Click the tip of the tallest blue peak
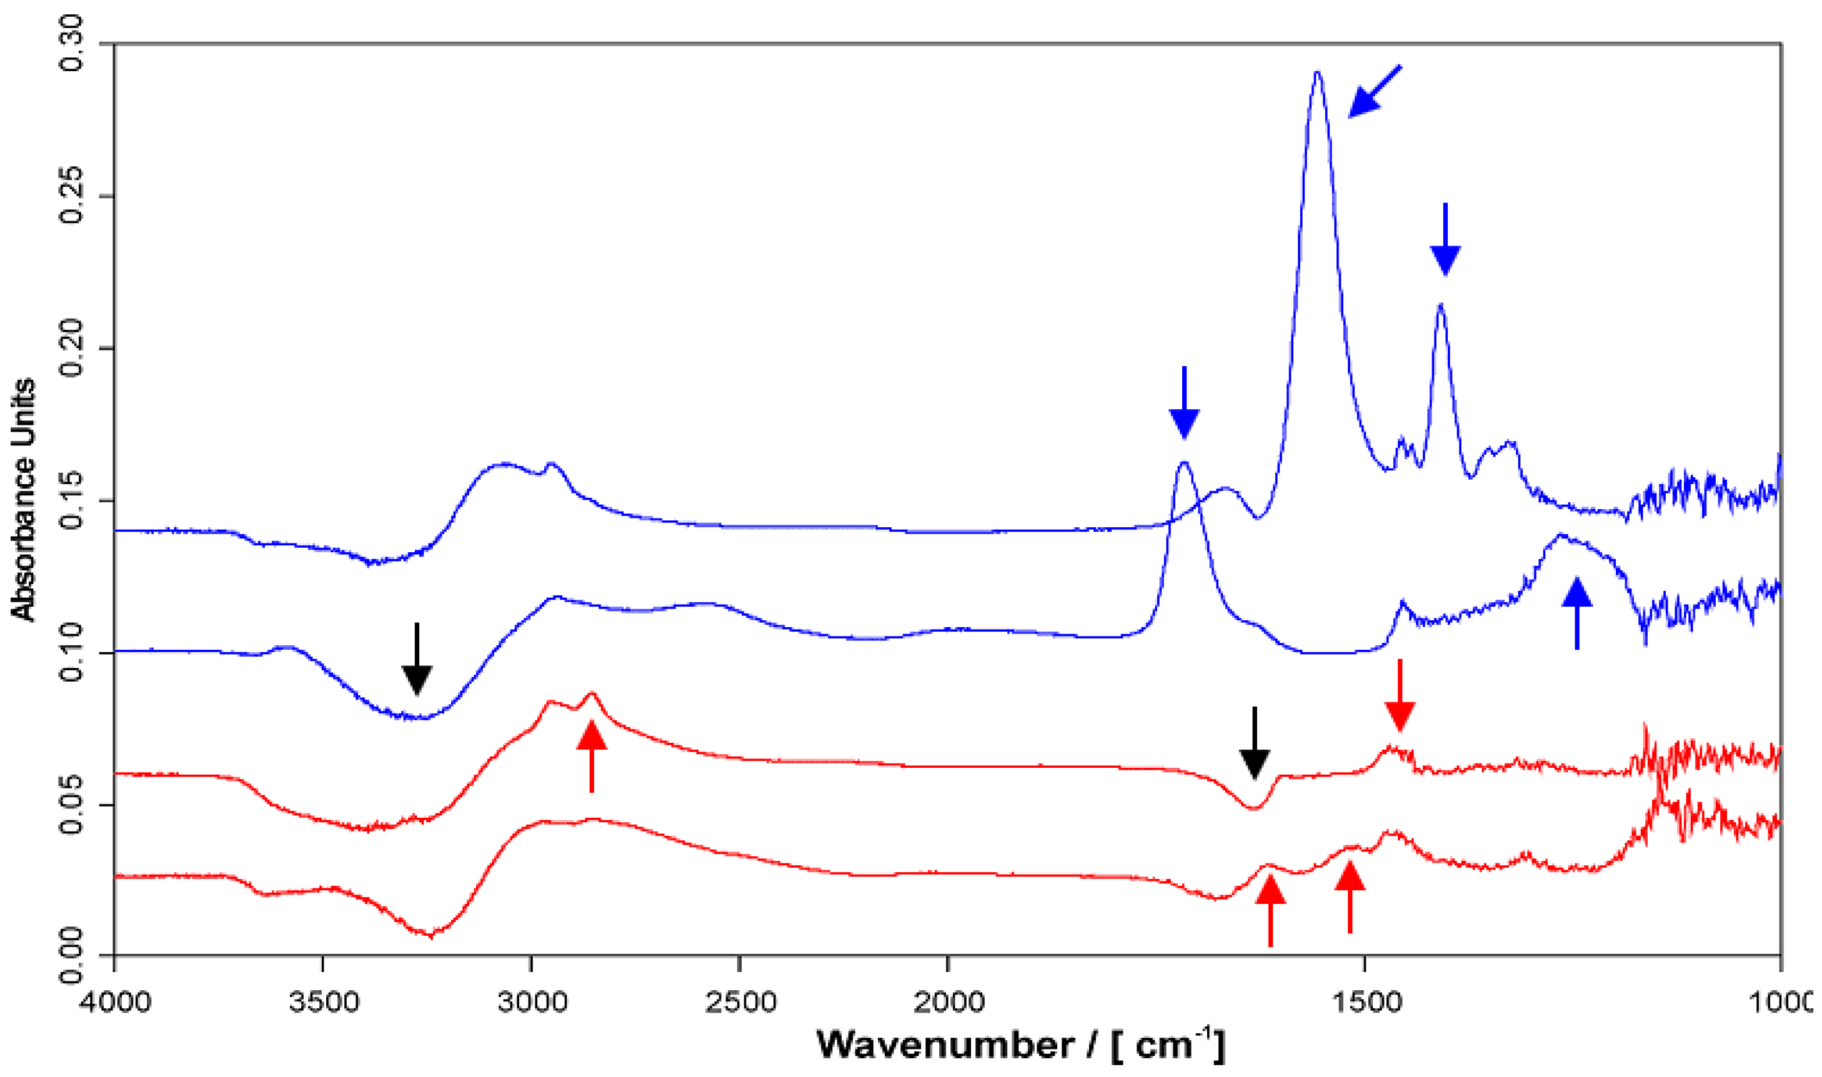coord(1318,72)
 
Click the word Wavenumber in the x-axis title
coord(944,1046)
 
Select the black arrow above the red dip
coord(1255,743)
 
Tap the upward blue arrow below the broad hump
coord(1576,613)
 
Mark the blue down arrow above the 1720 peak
coord(1184,403)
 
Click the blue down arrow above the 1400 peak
coord(1445,239)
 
